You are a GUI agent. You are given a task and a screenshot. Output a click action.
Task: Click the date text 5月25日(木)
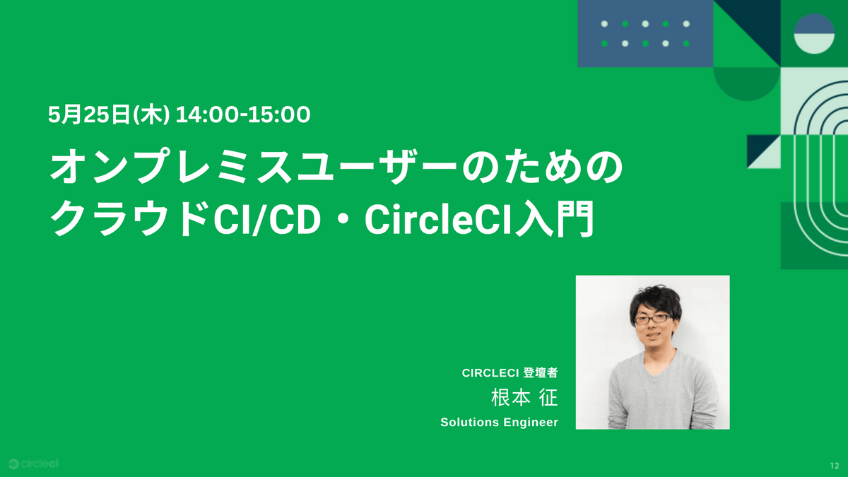pyautogui.click(x=109, y=114)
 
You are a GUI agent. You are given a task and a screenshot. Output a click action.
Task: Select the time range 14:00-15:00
pyautogui.click(x=243, y=114)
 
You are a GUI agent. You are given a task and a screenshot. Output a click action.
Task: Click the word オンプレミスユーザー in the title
pyautogui.click(x=254, y=167)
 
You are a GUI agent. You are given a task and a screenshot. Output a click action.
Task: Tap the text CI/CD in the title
pyautogui.click(x=267, y=220)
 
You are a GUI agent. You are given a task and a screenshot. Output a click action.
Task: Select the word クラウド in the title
pyautogui.click(x=130, y=219)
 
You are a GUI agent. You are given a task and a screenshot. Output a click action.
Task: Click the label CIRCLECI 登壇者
pyautogui.click(x=510, y=373)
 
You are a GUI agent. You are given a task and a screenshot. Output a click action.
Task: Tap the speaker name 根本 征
pyautogui.click(x=524, y=397)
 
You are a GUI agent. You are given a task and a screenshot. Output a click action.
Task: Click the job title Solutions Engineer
pyautogui.click(x=499, y=422)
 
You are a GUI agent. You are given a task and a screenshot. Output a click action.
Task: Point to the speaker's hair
pyautogui.click(x=656, y=301)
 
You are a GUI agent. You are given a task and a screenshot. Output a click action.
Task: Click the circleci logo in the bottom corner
pyautogui.click(x=33, y=464)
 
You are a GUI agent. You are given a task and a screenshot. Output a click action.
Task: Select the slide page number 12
pyautogui.click(x=835, y=466)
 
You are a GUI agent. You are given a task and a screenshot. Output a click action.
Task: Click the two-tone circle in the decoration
pyautogui.click(x=814, y=34)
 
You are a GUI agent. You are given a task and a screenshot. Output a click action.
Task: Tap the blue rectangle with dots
pyautogui.click(x=645, y=34)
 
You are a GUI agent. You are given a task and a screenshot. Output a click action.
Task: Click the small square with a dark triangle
pyautogui.click(x=764, y=151)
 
